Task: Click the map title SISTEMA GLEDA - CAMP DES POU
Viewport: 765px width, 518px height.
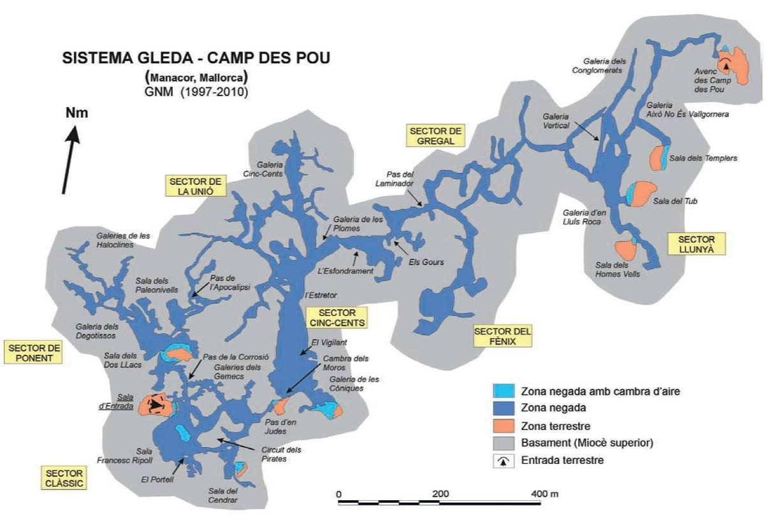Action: [x=196, y=58]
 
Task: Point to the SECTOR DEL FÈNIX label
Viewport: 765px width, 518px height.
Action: [x=502, y=336]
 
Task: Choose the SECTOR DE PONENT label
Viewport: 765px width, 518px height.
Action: [x=35, y=352]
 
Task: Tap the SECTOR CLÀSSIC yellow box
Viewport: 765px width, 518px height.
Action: [x=64, y=478]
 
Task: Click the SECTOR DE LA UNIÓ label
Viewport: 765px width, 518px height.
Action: [x=196, y=185]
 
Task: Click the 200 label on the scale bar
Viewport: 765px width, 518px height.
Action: [x=440, y=494]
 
